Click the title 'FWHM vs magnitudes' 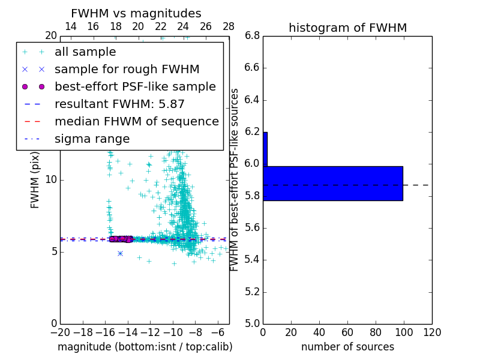[136, 14]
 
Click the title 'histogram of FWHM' [347, 28]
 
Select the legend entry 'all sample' [85, 52]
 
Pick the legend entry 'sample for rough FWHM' [127, 69]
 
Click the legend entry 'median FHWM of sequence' [136, 121]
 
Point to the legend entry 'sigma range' [92, 139]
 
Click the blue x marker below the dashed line [120, 253]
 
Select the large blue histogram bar [333, 183]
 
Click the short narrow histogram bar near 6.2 [265, 149]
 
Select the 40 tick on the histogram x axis [319, 332]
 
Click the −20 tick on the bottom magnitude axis [60, 332]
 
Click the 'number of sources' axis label [347, 347]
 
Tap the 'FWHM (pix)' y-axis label [35, 180]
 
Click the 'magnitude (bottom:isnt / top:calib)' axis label [145, 347]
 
